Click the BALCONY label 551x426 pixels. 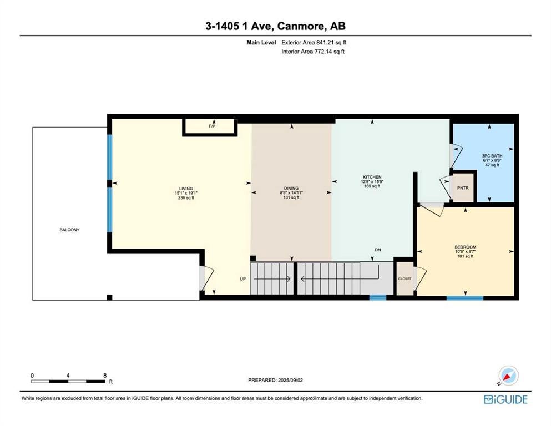(x=69, y=230)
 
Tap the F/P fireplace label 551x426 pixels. (x=212, y=126)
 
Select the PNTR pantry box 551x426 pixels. (x=463, y=188)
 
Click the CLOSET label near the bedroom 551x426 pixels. (x=405, y=279)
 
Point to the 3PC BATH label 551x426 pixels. (x=492, y=156)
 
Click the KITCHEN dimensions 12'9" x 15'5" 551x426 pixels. (x=372, y=181)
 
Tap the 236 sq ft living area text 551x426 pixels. (x=186, y=197)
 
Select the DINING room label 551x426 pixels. (x=291, y=188)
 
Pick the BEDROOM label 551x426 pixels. (x=465, y=247)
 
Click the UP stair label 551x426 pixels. (x=243, y=279)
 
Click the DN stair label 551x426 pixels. (x=378, y=250)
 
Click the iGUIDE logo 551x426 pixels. (x=505, y=399)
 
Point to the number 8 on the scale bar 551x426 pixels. (x=105, y=376)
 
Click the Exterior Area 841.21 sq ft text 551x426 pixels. (x=314, y=43)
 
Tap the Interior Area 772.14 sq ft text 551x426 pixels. (x=313, y=51)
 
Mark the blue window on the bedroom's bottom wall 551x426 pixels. (x=465, y=298)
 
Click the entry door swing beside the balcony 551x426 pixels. (x=208, y=278)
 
